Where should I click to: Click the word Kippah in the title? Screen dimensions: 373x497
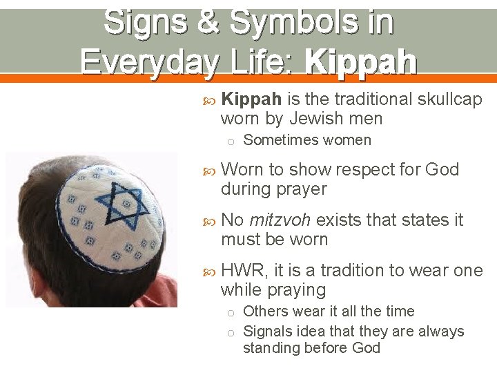coord(360,61)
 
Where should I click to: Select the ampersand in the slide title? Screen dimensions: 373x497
coord(208,22)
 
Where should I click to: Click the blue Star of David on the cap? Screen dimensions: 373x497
coord(124,198)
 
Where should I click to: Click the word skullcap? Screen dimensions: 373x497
coord(449,99)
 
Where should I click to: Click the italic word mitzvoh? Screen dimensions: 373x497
coord(279,220)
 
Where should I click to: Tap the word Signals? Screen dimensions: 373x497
coord(270,332)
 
